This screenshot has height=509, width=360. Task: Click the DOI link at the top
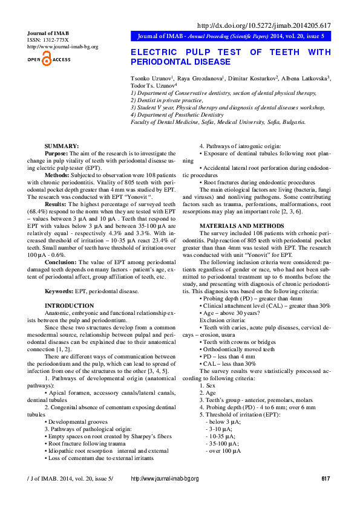point(264,25)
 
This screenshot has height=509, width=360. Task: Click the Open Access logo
point(49,60)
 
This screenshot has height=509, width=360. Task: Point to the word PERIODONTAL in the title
point(157,62)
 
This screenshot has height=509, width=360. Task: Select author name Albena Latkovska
point(304,79)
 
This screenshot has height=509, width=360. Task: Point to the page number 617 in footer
point(326,496)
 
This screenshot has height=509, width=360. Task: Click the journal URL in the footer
point(165,496)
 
